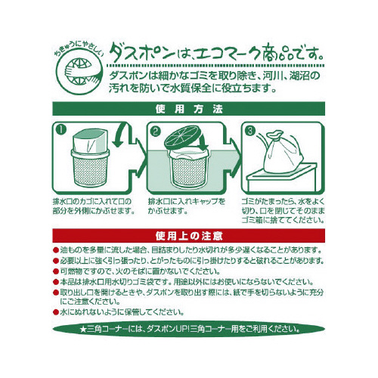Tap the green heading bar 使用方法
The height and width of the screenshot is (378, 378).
189,109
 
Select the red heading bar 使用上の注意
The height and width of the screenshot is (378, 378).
189,236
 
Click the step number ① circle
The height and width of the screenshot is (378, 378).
61,130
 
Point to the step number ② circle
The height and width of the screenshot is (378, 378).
156,131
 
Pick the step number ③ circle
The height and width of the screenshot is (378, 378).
250,131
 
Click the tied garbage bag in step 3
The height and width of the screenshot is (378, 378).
281,151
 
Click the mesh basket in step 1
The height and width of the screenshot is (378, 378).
91,168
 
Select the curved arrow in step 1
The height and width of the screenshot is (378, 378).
123,134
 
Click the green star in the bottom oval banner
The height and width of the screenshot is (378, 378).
82,330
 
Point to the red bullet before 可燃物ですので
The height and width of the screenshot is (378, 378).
56,271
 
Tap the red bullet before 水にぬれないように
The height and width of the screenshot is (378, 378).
56,312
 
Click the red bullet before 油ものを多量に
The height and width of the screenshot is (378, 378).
56,250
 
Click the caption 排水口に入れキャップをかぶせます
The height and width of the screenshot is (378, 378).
187,206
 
